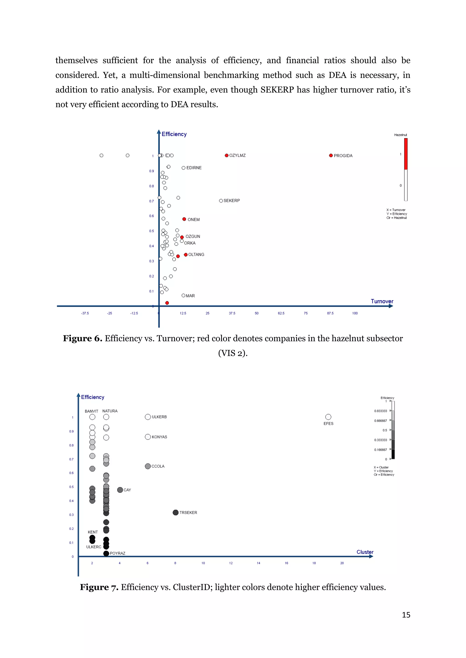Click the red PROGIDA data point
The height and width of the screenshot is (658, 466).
(331, 155)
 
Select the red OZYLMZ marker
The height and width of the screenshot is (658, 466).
(227, 155)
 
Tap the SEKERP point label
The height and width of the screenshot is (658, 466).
(232, 201)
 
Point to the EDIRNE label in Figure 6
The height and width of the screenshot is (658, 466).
(194, 168)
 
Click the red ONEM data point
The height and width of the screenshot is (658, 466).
(184, 219)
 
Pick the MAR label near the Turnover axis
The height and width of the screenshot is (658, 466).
(190, 296)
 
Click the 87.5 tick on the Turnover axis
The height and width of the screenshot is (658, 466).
(330, 313)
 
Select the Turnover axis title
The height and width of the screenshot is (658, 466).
(382, 301)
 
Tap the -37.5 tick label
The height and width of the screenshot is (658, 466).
(85, 313)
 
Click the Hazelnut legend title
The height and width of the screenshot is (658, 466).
(400, 135)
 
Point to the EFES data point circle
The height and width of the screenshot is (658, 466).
(328, 417)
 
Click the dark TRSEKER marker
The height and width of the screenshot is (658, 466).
(176, 512)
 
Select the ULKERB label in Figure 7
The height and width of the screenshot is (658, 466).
(159, 417)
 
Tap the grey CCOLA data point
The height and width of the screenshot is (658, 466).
(148, 466)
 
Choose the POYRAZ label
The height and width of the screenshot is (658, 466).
(118, 553)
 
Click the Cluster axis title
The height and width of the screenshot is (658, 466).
(365, 552)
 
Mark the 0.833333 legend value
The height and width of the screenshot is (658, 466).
(380, 411)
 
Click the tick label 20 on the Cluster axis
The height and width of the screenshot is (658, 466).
(342, 563)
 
